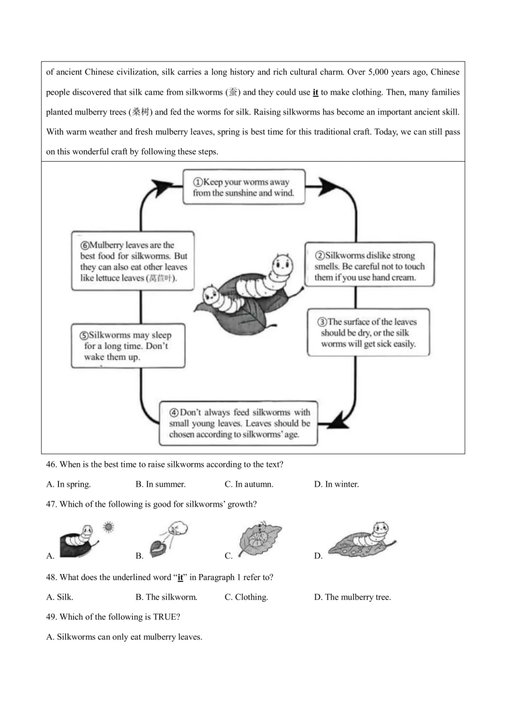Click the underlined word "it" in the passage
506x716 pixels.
pyautogui.click(x=315, y=92)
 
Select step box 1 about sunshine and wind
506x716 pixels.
pyautogui.click(x=244, y=187)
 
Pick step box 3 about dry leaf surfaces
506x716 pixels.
pyautogui.click(x=368, y=332)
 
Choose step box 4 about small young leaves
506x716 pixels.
pyautogui.click(x=239, y=423)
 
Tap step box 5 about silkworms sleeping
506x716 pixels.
pyautogui.click(x=128, y=346)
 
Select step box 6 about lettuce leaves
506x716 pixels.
pyautogui.click(x=133, y=261)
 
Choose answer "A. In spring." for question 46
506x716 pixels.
pyautogui.click(x=68, y=484)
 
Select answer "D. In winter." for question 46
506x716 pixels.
pyautogui.click(x=336, y=484)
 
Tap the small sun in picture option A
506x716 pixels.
pyautogui.click(x=109, y=527)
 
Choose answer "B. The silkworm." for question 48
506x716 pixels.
pyautogui.click(x=166, y=597)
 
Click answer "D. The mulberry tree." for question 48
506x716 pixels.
pyautogui.click(x=352, y=597)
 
